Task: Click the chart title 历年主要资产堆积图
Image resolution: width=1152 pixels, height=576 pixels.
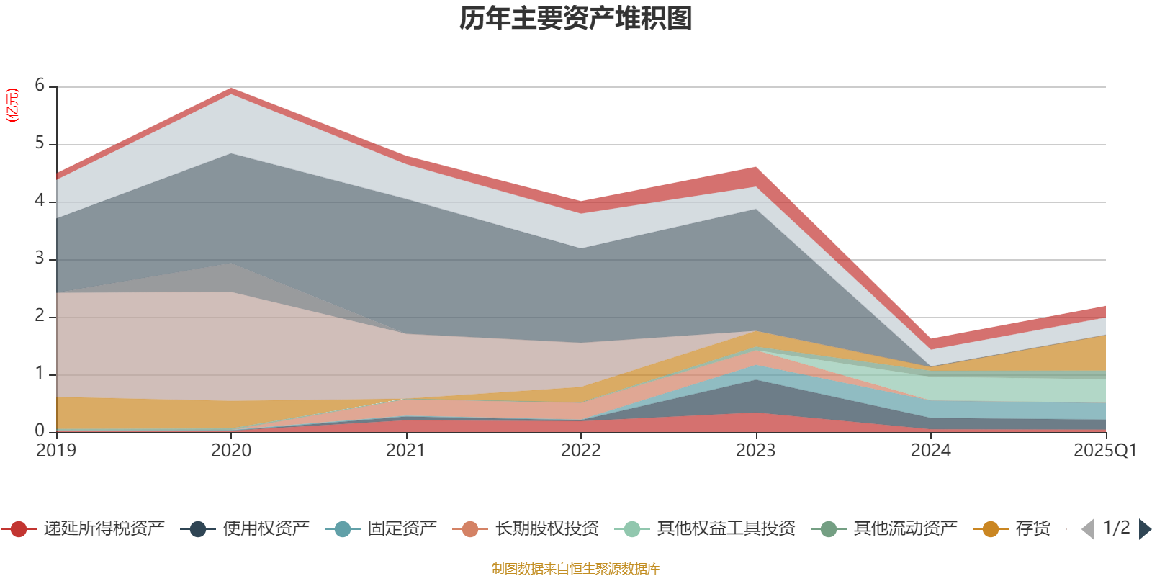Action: click(576, 19)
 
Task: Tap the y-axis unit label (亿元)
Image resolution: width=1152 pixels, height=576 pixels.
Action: click(12, 105)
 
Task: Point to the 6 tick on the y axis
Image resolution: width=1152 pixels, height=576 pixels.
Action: click(40, 86)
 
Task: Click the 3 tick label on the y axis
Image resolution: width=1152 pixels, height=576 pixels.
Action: click(40, 258)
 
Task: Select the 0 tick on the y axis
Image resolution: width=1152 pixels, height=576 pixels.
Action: click(40, 431)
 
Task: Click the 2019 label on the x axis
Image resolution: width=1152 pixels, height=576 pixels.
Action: click(56, 451)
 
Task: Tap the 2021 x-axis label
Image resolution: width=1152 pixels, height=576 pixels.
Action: click(406, 451)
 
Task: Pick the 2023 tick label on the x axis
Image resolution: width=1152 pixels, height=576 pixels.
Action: click(756, 451)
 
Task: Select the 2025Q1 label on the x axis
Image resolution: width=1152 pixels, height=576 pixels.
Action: click(1104, 451)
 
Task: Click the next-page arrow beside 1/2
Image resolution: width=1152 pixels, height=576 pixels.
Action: click(1145, 529)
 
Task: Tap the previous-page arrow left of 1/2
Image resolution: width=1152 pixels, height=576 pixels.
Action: click(1088, 529)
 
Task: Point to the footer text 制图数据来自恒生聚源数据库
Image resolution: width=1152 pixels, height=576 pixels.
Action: click(576, 569)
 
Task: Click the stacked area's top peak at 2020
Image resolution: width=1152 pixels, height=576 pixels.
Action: click(231, 90)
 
